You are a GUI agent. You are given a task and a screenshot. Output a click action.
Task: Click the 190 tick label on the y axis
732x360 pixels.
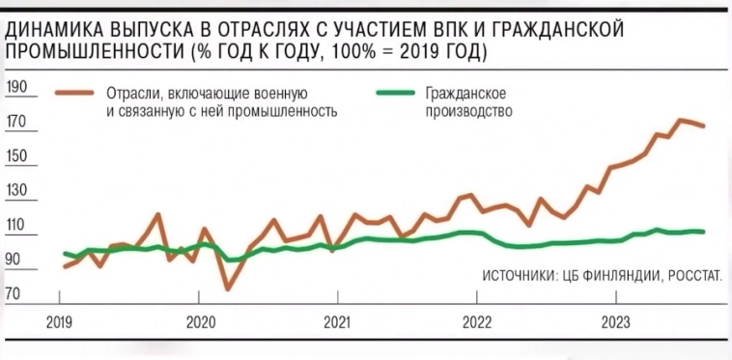pyautogui.click(x=17, y=88)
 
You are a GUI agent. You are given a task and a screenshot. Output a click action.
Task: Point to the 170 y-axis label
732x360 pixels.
pyautogui.click(x=17, y=124)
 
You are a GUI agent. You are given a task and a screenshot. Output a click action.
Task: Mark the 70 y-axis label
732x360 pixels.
pyautogui.click(x=15, y=292)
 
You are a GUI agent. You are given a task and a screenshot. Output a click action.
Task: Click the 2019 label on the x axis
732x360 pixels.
pyautogui.click(x=61, y=321)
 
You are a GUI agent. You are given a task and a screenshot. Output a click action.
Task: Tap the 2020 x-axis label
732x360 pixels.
pyautogui.click(x=199, y=321)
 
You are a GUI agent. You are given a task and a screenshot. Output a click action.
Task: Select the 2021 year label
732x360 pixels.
pyautogui.click(x=336, y=321)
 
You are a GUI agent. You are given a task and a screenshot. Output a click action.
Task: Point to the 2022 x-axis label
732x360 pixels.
pyautogui.click(x=478, y=321)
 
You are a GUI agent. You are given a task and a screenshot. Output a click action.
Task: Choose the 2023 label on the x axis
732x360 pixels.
pyautogui.click(x=616, y=321)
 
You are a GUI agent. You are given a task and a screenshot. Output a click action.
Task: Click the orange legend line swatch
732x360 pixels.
pyautogui.click(x=74, y=94)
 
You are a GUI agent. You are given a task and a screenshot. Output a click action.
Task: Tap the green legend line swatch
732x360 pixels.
pyautogui.click(x=393, y=94)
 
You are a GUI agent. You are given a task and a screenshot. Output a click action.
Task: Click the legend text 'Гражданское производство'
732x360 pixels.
pyautogui.click(x=467, y=101)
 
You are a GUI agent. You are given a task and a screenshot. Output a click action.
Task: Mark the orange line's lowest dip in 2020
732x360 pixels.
pyautogui.click(x=228, y=288)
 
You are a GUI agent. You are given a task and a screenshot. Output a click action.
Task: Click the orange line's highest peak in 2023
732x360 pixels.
pyautogui.click(x=681, y=120)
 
